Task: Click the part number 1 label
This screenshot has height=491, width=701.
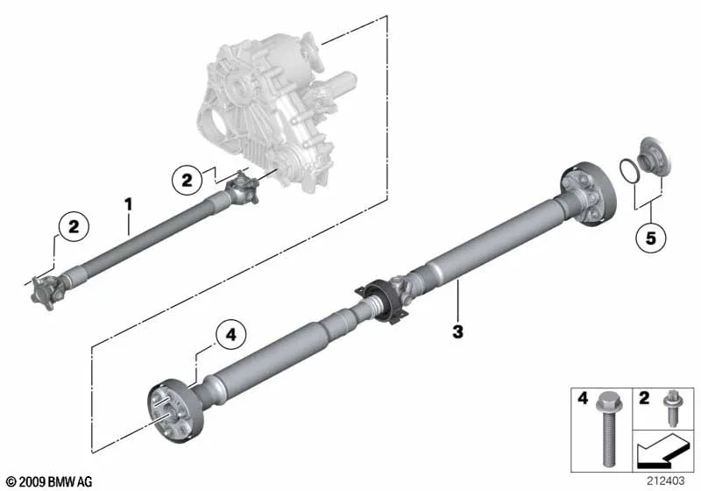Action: (x=128, y=205)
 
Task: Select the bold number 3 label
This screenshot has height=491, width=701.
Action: (x=457, y=332)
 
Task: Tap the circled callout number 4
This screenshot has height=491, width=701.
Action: (x=230, y=335)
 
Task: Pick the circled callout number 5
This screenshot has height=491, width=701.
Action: (x=650, y=238)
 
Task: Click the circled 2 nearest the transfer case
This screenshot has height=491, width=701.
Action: (x=187, y=180)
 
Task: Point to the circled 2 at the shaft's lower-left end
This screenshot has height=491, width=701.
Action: (x=74, y=227)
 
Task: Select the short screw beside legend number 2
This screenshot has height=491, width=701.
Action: (x=670, y=408)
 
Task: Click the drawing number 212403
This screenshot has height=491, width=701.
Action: (x=665, y=481)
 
